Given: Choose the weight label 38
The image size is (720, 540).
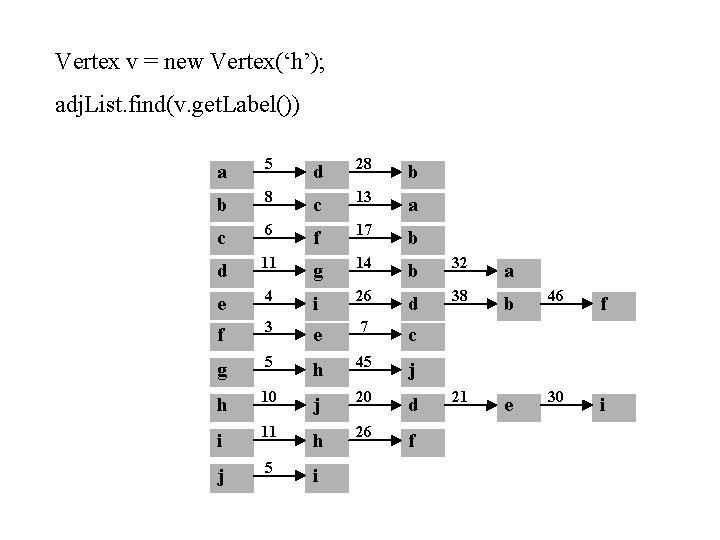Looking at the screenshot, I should coord(461,296).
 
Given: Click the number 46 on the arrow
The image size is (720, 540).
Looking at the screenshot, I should coord(556,297).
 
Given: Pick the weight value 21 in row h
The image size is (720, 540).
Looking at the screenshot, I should coord(461,396).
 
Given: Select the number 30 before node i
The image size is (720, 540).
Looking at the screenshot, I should coord(556,396).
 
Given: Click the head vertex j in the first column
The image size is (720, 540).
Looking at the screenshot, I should coord(222,476).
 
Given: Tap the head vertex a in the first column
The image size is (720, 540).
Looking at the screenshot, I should coord(222,173).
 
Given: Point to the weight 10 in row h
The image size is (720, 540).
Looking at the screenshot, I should coord(268,396).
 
